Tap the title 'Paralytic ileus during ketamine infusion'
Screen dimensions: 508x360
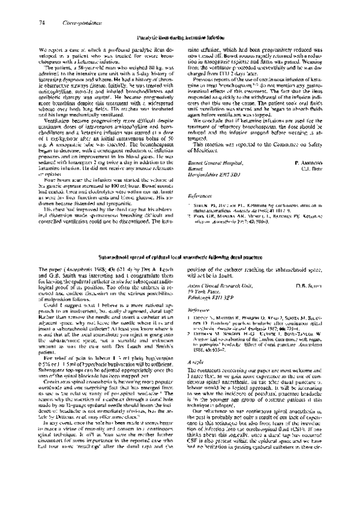tap(180, 37)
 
